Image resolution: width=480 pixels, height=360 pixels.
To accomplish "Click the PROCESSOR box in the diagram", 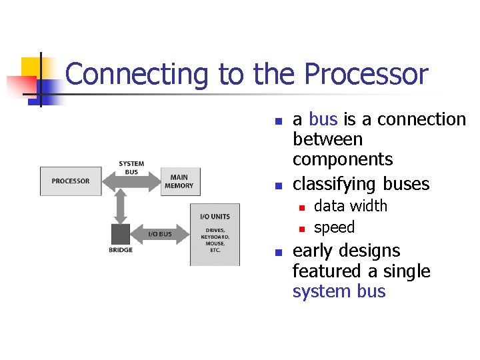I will (x=71, y=181).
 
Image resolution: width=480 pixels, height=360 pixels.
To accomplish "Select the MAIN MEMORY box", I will (x=179, y=181).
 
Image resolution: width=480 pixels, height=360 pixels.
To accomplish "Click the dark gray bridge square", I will (x=121, y=235).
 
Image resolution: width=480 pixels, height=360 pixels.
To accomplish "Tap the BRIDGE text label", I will (x=121, y=251).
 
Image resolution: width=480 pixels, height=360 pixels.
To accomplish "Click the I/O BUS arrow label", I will (x=159, y=234).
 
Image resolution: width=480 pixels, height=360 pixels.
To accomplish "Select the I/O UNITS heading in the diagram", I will (x=215, y=216).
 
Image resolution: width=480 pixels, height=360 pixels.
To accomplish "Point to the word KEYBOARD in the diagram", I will (x=215, y=237).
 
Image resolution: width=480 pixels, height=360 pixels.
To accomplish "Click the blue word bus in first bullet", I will (x=323, y=119).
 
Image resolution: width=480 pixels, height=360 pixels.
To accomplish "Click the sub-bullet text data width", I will (x=350, y=206).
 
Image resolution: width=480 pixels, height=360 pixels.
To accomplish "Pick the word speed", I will (x=334, y=227).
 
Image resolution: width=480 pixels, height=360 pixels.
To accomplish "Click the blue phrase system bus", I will (x=339, y=291).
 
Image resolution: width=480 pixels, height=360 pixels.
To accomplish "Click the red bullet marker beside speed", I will (x=301, y=229).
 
